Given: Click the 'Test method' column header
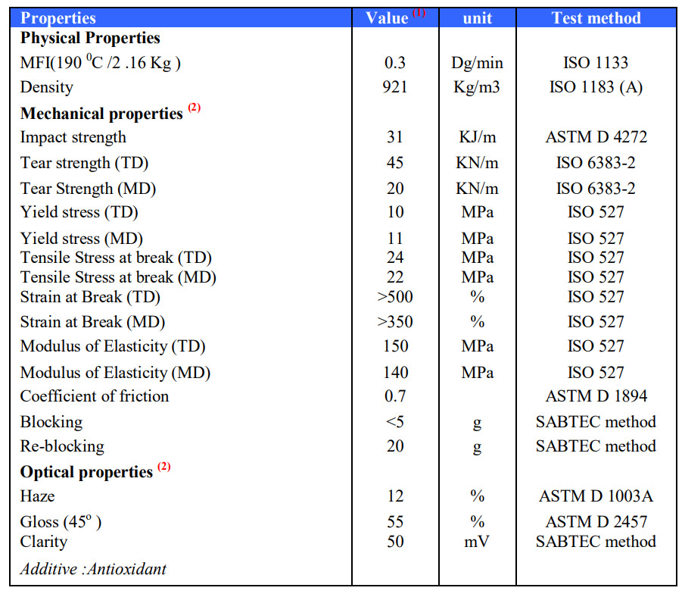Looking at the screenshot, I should [596, 18].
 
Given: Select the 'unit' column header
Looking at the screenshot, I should [477, 18].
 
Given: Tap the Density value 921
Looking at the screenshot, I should [395, 87].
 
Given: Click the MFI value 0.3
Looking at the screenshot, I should [395, 63].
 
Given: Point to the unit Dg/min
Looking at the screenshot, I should [477, 63].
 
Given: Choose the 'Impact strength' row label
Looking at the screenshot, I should [73, 137].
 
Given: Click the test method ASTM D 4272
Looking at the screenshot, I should [596, 137].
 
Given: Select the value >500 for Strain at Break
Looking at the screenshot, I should [395, 296].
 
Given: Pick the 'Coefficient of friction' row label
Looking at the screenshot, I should [95, 395].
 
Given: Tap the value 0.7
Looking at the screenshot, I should [395, 395].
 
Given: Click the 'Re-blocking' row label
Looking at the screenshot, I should [62, 445].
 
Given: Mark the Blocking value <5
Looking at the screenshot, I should [395, 421].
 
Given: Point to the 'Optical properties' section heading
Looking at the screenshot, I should [86, 472].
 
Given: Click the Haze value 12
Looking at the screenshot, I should [395, 496].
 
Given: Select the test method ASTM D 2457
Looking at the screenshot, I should [596, 522].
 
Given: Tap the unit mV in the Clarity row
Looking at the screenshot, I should [477, 541].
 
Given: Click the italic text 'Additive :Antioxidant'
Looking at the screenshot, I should [93, 568].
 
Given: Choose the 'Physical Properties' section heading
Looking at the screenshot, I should [90, 38].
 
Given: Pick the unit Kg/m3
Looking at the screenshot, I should [477, 87].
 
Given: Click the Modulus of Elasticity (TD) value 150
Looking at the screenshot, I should [395, 346].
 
